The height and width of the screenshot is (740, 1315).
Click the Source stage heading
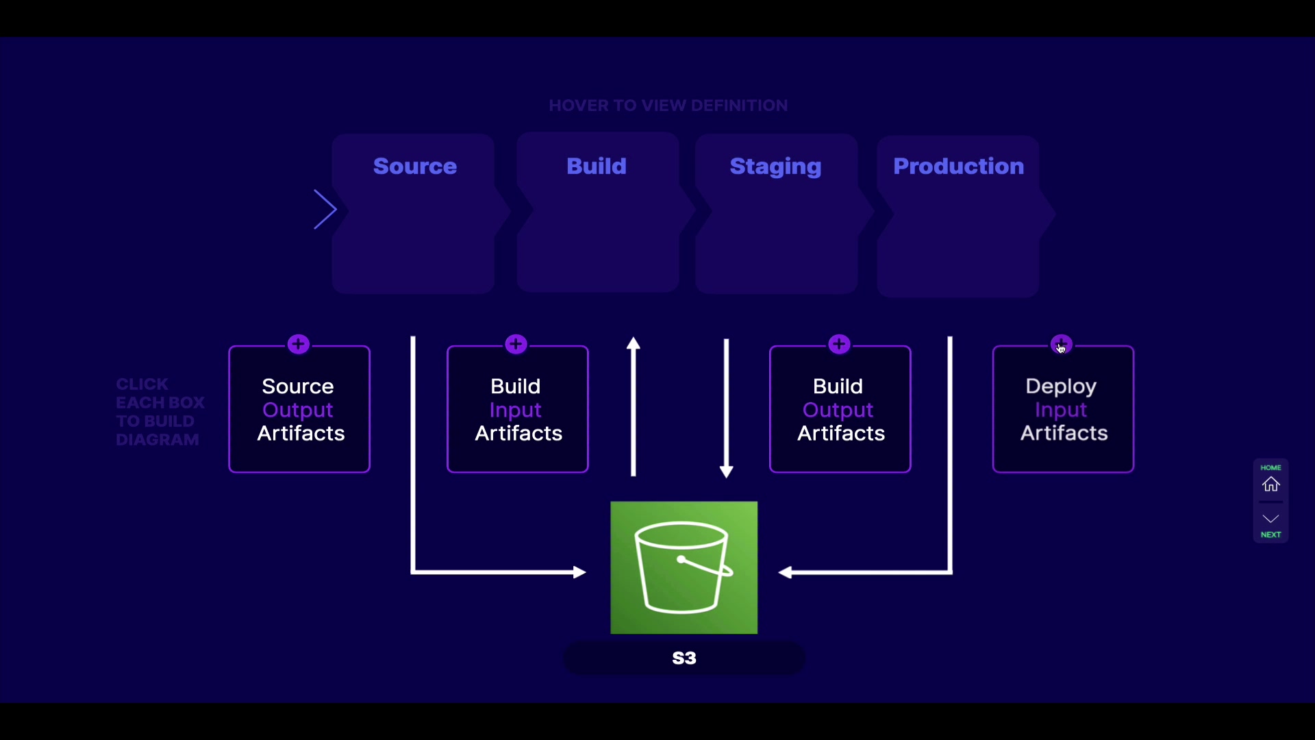point(414,166)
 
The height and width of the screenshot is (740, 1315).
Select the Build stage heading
point(596,166)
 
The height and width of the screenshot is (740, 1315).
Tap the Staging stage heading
point(775,167)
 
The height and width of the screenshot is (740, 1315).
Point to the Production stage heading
point(958,166)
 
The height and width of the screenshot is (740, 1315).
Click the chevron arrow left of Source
point(325,210)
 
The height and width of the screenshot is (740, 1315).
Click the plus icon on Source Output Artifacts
point(299,344)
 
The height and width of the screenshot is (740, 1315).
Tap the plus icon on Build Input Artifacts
point(516,344)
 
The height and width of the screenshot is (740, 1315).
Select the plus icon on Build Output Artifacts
point(839,344)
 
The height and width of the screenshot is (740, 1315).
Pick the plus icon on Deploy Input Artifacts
point(1061,344)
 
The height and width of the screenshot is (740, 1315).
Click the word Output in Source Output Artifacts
point(298,410)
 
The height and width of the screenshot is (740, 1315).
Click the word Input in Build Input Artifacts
point(516,410)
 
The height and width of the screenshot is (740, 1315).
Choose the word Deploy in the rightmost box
point(1061,386)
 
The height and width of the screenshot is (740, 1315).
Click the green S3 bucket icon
point(684,567)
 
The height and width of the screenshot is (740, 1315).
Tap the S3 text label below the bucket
point(684,658)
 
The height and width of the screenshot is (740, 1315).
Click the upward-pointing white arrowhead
point(634,343)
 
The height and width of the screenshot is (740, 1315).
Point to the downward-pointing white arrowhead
point(727,471)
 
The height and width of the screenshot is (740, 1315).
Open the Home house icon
point(1271,484)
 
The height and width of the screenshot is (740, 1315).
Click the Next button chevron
point(1271,519)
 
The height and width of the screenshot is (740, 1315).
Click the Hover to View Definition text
point(668,106)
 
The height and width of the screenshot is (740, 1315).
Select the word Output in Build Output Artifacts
point(838,410)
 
